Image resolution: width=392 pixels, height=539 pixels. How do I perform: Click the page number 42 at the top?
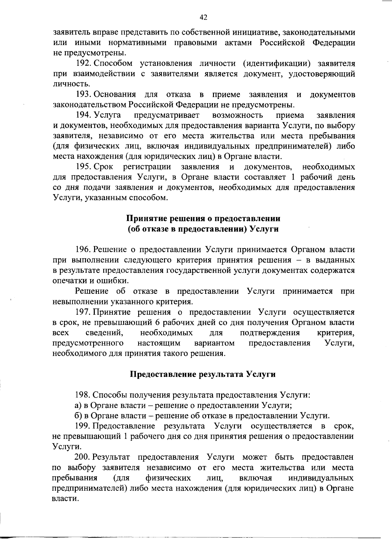pos(203,17)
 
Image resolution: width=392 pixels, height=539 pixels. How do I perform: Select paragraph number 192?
pos(82,63)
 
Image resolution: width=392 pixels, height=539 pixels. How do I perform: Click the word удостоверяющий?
pos(322,74)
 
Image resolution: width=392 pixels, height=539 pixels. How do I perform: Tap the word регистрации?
pos(147,167)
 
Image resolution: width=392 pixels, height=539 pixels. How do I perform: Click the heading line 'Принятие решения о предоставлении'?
pos(203,218)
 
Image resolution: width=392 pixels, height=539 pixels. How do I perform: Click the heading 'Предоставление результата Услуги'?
pos(203,374)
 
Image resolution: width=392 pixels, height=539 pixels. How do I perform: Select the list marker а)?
pos(78,405)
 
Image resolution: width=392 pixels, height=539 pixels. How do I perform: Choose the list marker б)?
pos(78,416)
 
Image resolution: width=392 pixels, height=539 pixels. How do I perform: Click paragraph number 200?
pos(82,457)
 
